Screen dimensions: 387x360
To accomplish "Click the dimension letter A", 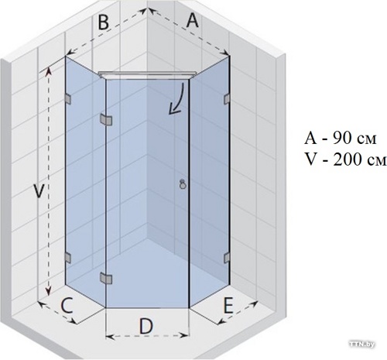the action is pos(193,20).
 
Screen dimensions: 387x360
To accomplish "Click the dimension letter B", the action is pos(104,22).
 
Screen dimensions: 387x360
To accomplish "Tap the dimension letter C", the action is pos(67,305).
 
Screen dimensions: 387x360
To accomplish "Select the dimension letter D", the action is pos(146,326).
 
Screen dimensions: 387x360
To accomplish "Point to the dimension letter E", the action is pos(228,305).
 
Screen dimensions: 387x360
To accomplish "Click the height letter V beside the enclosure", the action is pos(39,191).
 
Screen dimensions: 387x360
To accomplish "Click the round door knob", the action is pos(183,185).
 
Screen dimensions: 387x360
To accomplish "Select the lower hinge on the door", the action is pos(106,278).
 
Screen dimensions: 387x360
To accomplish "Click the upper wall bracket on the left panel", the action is pos(68,99).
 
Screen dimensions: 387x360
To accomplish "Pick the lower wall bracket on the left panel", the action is pos(68,257).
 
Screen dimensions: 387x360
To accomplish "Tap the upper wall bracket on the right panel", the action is pos(227,99).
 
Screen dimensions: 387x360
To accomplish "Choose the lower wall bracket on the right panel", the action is pos(227,257).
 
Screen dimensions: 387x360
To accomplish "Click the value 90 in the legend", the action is pos(341,139).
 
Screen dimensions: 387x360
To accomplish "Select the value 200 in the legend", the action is pos(346,160).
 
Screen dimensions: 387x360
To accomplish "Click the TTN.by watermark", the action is pos(361,344).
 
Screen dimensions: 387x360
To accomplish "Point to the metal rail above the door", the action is pos(148,74).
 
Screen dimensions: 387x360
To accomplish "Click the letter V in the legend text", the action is pos(311,160).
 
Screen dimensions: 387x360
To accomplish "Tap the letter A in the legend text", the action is pos(310,139).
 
